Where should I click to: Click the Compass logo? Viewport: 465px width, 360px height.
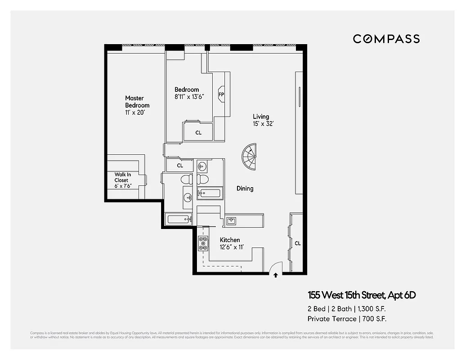(x=386, y=39)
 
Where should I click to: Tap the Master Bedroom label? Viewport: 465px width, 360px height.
(x=137, y=102)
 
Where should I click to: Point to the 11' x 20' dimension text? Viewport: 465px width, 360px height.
(x=135, y=112)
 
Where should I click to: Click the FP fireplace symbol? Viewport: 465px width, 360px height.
(x=221, y=94)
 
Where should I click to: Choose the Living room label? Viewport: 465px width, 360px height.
(x=261, y=117)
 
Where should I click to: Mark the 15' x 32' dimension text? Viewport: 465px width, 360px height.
(x=263, y=123)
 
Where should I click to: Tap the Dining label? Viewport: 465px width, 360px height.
(x=245, y=189)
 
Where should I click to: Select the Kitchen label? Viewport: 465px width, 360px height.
(x=229, y=240)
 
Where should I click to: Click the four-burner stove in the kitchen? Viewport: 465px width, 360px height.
(x=203, y=243)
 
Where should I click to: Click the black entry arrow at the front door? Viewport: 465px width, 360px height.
(x=276, y=274)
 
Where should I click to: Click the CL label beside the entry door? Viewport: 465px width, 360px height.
(x=297, y=243)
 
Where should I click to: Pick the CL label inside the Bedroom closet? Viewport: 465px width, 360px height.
(x=198, y=133)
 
